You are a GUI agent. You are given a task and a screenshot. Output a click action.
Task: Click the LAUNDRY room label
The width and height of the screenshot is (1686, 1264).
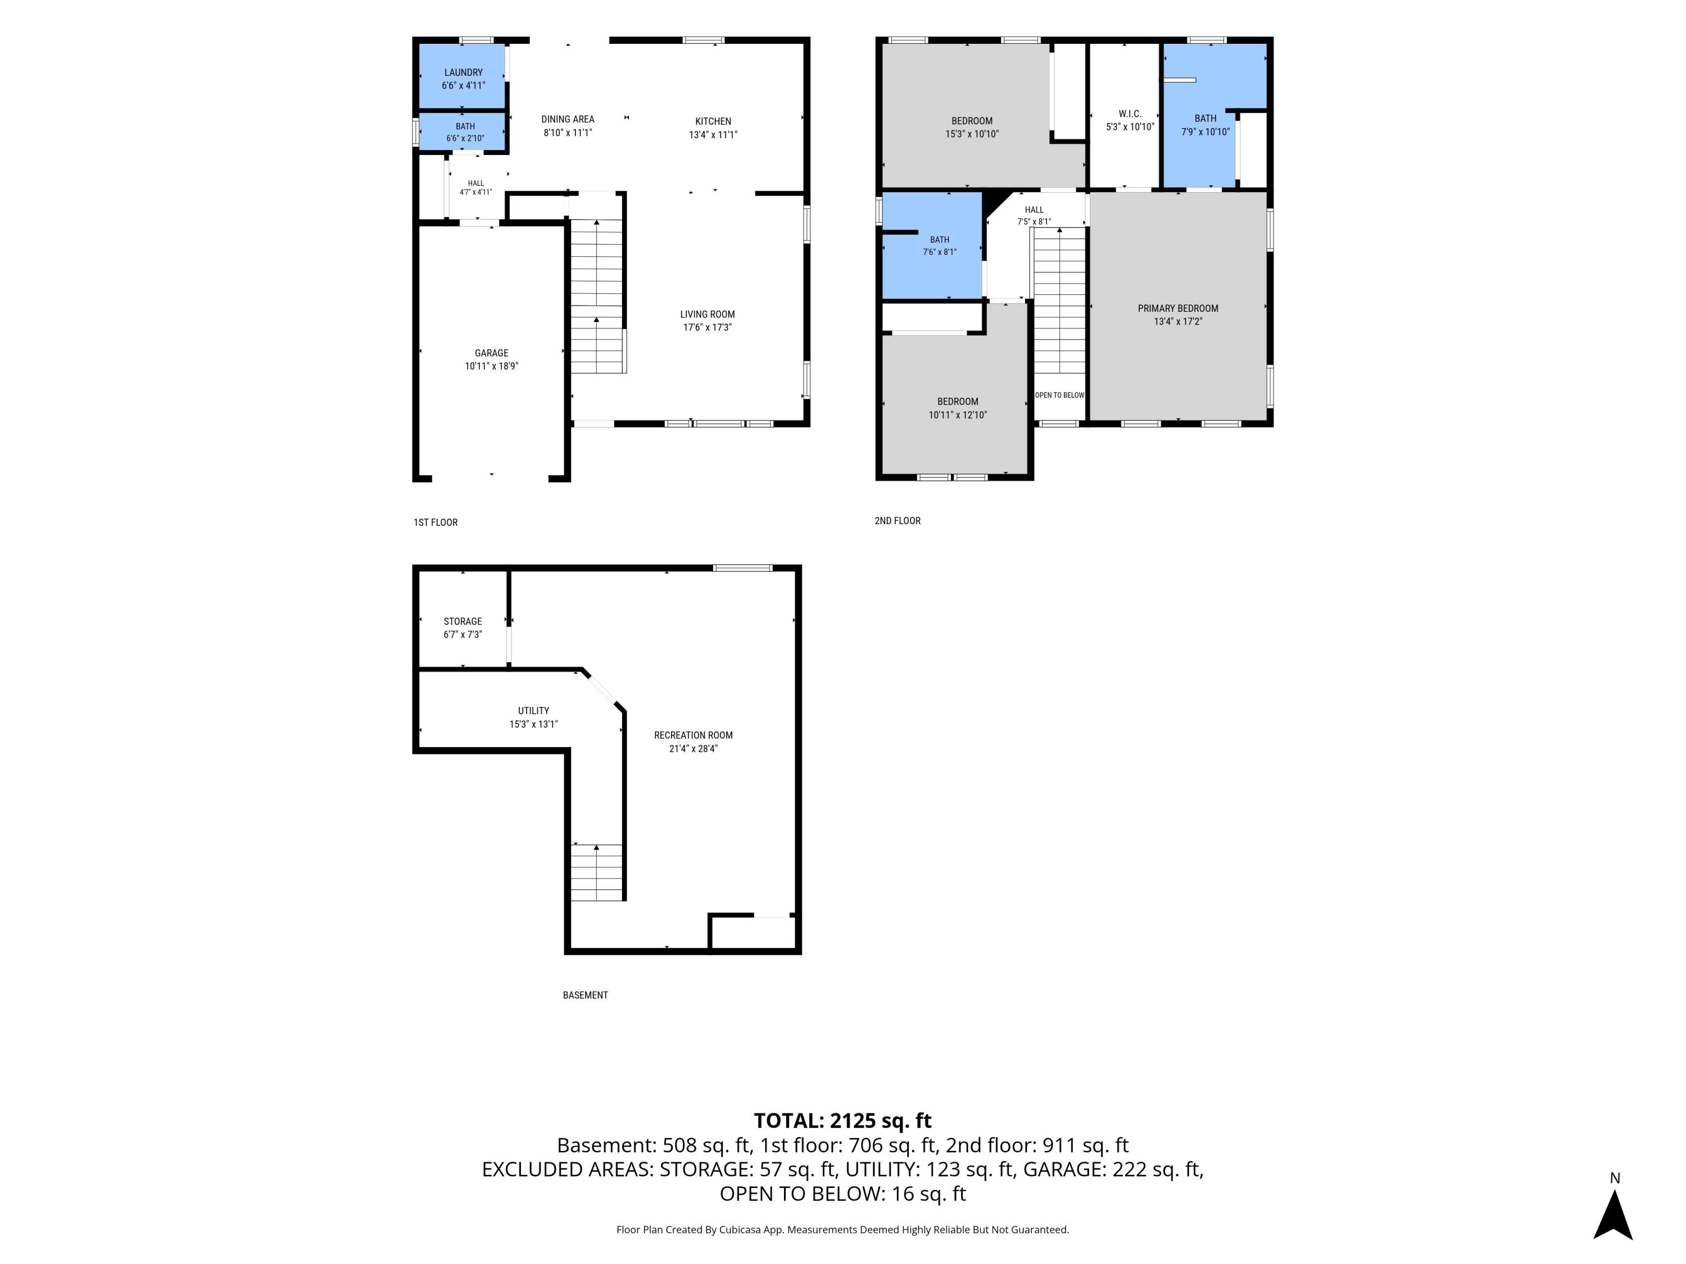coord(464,72)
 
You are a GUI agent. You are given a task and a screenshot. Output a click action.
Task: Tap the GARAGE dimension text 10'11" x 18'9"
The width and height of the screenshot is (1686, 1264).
coord(492,366)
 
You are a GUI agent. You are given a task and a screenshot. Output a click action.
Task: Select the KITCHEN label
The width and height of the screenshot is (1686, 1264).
coord(713,121)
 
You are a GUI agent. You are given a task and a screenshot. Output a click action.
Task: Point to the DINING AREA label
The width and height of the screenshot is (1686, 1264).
coord(568,119)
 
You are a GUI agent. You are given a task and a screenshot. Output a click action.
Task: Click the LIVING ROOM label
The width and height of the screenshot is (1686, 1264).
coord(708,314)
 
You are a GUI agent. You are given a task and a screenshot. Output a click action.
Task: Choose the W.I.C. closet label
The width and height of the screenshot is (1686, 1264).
coord(1130,113)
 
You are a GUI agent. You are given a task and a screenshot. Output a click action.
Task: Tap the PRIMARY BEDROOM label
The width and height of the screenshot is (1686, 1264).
coord(1177,308)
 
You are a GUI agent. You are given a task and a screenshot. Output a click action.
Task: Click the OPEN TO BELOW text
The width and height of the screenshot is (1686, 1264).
coord(1059,395)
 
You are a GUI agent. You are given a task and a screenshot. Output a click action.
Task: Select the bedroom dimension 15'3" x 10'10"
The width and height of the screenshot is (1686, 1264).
coord(972,134)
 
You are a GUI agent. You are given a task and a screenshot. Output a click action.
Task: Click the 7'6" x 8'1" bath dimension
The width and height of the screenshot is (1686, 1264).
coord(939,252)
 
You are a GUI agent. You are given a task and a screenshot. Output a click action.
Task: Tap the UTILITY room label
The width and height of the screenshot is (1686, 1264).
coord(533,711)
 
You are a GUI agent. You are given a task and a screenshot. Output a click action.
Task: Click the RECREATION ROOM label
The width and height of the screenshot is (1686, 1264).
coord(693,735)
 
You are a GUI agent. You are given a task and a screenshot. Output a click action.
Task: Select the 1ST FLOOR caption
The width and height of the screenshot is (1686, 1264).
coord(435,522)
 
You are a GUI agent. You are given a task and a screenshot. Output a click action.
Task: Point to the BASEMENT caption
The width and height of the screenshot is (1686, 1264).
coord(586,995)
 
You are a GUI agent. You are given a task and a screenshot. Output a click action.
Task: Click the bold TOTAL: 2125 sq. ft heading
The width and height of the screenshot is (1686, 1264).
coord(842,1121)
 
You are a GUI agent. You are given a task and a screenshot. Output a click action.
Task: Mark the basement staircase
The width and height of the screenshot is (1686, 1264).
coord(597,872)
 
